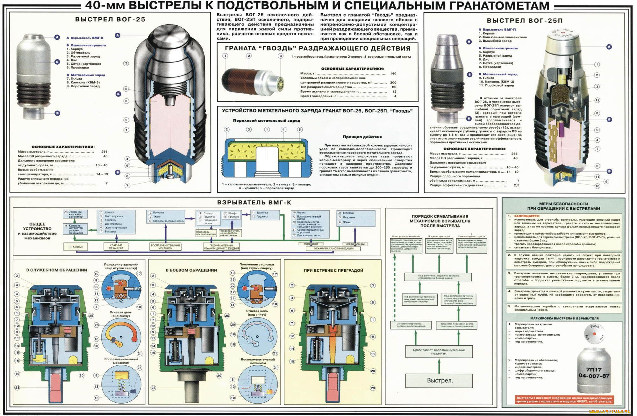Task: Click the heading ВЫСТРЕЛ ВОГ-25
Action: coord(110,19)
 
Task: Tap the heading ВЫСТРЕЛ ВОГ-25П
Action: coord(525,21)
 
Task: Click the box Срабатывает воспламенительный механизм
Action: coord(439,352)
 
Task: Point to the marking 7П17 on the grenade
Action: coord(594,370)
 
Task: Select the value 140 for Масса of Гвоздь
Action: coord(393,74)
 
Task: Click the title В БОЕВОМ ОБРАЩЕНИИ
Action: coord(191,270)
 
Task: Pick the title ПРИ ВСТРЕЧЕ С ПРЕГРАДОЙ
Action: coord(333,270)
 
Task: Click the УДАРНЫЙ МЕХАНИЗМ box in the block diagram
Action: coord(116,247)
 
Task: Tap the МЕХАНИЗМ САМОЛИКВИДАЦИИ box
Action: coord(333,248)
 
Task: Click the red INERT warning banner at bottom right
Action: coord(564,399)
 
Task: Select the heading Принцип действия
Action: coord(362,137)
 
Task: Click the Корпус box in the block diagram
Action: coord(76,247)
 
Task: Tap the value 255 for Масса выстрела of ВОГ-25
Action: coord(104,152)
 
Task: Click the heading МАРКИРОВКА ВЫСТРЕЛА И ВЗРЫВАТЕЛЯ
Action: coord(564,318)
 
